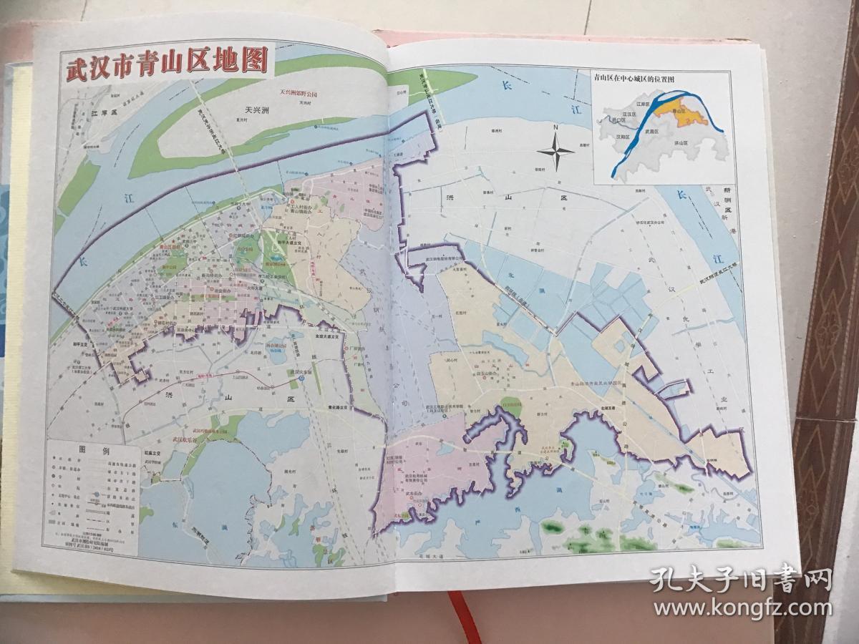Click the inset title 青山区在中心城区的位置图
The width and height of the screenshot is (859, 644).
coord(630,79)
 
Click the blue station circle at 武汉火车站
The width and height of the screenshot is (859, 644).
coord(301,381)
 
